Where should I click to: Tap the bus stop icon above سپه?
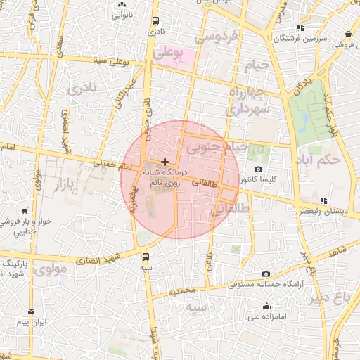click(x=146, y=257)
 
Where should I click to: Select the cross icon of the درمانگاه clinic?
click(x=165, y=162)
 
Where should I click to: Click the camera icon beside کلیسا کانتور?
click(x=259, y=169)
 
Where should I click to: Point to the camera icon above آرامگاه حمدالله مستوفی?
click(x=265, y=274)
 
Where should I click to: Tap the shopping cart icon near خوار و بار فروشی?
click(x=25, y=210)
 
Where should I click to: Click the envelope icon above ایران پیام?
click(x=30, y=311)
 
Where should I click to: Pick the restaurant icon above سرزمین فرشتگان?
click(x=301, y=27)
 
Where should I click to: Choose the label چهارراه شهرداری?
click(x=245, y=101)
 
